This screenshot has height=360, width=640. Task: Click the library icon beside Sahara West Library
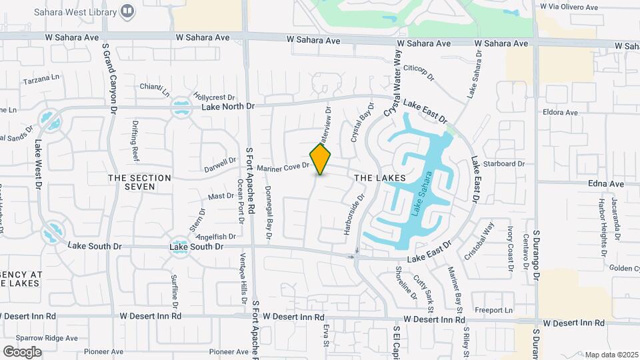(129, 11)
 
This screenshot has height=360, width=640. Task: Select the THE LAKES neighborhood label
(380, 178)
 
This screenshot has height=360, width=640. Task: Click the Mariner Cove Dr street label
(283, 166)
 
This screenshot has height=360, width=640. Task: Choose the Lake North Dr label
(229, 107)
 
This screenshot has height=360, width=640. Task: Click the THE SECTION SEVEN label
(140, 182)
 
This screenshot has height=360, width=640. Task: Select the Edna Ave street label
(606, 183)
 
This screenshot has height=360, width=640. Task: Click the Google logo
(22, 351)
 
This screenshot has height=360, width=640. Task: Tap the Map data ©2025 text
(611, 355)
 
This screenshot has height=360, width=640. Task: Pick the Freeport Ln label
(493, 310)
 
